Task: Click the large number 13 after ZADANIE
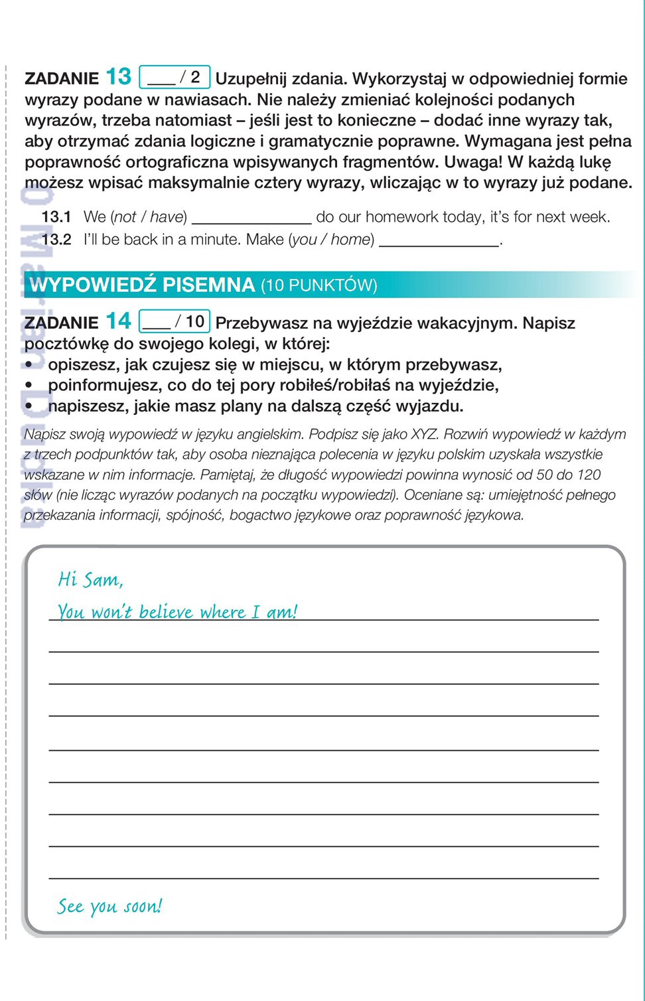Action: [119, 77]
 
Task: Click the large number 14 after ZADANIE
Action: [119, 321]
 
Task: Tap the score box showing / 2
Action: [175, 77]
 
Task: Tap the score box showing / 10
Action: [175, 321]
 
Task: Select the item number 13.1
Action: [56, 217]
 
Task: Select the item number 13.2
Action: [56, 240]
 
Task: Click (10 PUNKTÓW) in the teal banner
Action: [319, 285]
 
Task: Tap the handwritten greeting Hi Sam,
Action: [90, 579]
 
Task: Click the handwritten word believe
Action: [165, 612]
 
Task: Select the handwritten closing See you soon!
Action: [109, 906]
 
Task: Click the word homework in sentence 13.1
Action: [396, 217]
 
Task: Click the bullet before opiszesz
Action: [29, 364]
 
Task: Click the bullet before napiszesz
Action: [29, 406]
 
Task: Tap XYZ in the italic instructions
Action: [424, 434]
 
